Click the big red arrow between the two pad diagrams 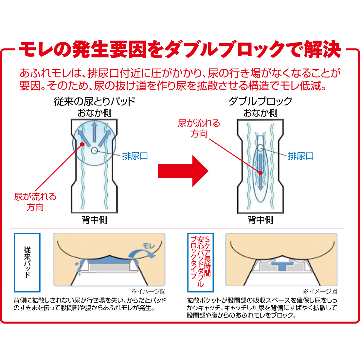pos(183,171)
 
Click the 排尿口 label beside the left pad pos(135,156)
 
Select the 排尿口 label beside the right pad pos(301,156)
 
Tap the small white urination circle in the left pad pos(94,151)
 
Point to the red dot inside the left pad pos(82,144)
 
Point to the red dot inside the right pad pos(261,173)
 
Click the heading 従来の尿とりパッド pos(95,101)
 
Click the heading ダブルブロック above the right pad pos(261,101)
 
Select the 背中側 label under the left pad pos(94,220)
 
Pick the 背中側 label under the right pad pos(261,220)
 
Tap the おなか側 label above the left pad pos(94,113)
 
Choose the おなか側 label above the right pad pos(261,113)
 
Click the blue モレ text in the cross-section pos(149,246)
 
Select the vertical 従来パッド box pos(27,262)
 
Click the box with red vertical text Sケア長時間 pos(200,262)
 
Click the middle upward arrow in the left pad pos(94,132)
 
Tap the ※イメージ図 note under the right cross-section pos(320,291)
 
